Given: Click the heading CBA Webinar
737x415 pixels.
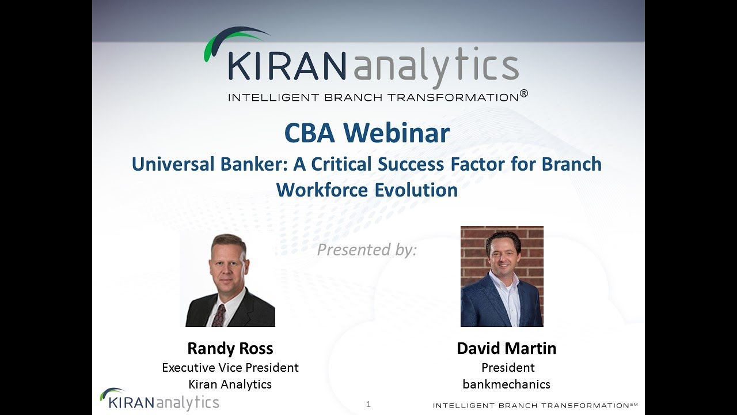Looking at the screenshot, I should click(367, 134).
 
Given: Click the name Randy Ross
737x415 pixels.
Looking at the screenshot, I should click(230, 348).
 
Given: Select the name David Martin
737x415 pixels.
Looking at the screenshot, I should click(506, 348).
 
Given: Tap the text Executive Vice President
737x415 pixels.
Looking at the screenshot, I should click(230, 367).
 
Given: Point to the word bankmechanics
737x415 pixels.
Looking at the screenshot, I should click(506, 384).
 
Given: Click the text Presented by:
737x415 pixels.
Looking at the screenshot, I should click(367, 250).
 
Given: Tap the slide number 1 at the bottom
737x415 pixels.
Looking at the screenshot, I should click(368, 404).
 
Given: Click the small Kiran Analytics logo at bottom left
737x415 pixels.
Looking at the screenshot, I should click(159, 399).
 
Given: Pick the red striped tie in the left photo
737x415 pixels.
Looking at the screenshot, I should click(219, 315).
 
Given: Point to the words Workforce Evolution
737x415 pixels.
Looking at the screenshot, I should click(367, 190).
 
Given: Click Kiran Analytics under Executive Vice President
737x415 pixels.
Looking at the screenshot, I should click(230, 384).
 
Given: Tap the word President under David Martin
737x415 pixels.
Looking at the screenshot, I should click(508, 367).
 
